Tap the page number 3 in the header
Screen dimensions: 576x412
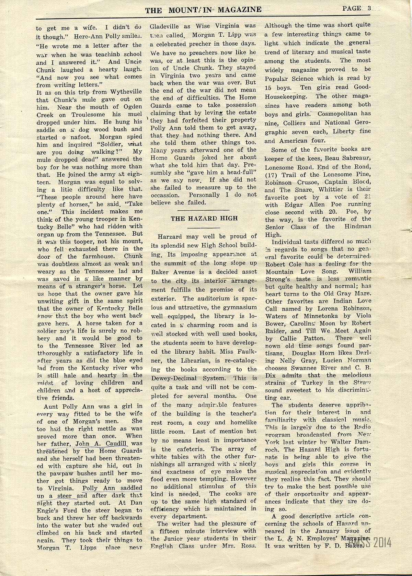(x=369, y=9)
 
